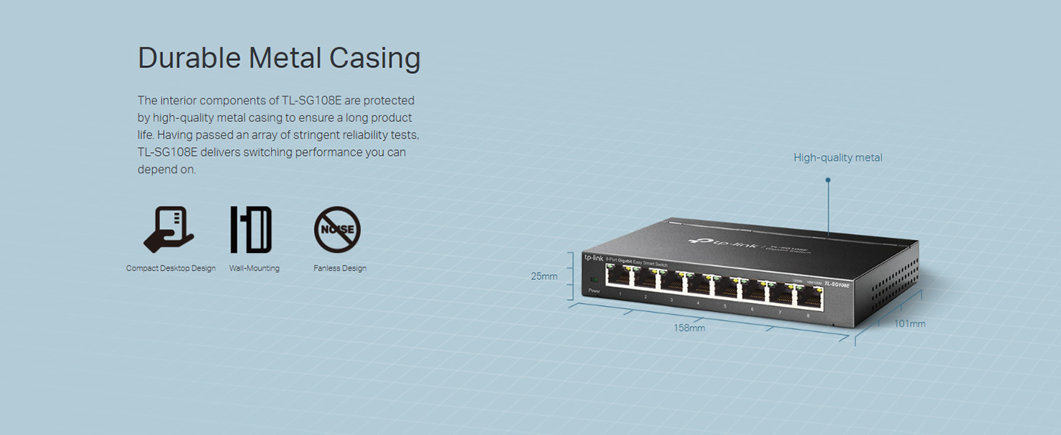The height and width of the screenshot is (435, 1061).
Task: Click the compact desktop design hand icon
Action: coord(170,230)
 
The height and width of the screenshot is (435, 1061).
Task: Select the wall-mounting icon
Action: coord(251,230)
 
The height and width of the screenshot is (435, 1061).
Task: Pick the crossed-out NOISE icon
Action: coord(337,230)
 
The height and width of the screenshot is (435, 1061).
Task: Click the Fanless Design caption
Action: coord(340,268)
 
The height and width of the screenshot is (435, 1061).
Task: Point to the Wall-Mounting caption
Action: coord(254,268)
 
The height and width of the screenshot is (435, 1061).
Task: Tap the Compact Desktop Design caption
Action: coord(171,268)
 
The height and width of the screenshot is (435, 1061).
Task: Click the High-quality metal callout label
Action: coord(838,157)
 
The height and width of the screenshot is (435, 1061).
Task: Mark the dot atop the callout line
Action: coord(828,180)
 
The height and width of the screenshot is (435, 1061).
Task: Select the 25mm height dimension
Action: coord(544,276)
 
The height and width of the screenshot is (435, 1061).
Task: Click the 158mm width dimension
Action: coord(689,328)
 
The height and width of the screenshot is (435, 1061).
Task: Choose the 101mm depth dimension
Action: coord(910,323)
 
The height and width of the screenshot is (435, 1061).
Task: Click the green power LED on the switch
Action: coord(594,280)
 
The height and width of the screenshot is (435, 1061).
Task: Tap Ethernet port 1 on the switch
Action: coord(620,281)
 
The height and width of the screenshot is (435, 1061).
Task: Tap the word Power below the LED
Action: coord(594,291)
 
